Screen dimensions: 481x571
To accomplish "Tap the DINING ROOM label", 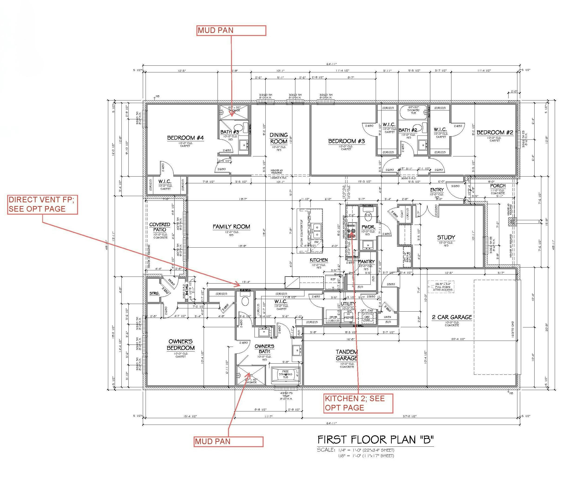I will [x=279, y=138].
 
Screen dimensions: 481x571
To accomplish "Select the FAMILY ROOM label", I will [x=231, y=227].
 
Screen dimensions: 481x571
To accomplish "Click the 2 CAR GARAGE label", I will [x=452, y=317].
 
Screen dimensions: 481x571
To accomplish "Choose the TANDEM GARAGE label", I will [x=346, y=355].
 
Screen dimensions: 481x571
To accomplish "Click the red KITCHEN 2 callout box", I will [x=358, y=403].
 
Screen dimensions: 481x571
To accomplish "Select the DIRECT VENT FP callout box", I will [x=42, y=204].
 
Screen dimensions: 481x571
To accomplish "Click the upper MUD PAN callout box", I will [x=231, y=30].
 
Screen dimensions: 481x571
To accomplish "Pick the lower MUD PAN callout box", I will [x=229, y=442].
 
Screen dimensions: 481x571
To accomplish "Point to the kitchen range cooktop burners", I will [x=352, y=231].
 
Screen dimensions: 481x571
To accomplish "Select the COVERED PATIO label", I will [x=160, y=227].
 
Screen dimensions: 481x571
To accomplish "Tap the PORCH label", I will [x=498, y=186].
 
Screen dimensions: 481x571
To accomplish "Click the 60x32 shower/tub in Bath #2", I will [x=413, y=112].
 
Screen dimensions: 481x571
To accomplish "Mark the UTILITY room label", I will [x=348, y=304].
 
